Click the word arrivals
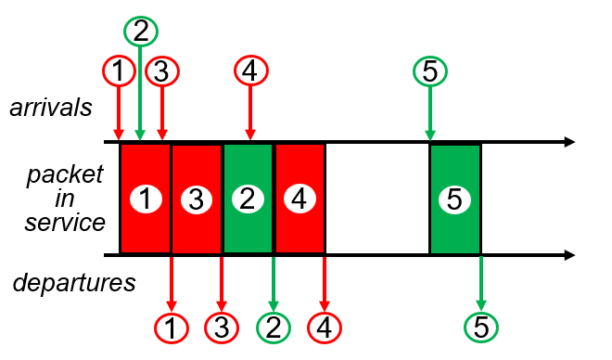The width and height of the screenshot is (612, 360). coord(51,108)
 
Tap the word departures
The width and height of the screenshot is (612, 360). coord(74,283)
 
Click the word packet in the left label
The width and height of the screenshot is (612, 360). coord(65,175)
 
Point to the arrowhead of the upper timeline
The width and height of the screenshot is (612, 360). coord(570,142)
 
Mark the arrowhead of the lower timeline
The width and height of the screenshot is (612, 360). coord(570,255)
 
